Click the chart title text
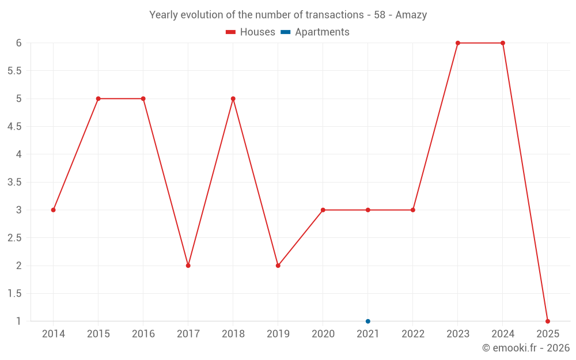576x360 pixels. pos(288,15)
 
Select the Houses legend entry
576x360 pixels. pos(251,32)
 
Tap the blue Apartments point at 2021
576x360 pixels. pos(368,321)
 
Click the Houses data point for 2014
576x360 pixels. pos(54,210)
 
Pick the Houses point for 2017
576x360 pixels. pos(188,266)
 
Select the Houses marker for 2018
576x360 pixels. pos(233,98)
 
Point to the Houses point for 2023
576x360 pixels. pos(458,43)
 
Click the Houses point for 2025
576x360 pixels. pos(548,321)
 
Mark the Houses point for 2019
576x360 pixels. pos(278,266)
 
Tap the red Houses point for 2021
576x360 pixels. pos(368,210)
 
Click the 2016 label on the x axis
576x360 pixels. pos(143,334)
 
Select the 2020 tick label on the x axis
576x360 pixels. pos(323,334)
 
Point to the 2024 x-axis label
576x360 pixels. pos(503,334)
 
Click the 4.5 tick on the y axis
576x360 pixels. pos(15,127)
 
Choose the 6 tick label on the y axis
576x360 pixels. pos(19,43)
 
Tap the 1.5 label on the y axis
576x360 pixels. pos(15,293)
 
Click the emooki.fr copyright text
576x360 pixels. pos(526,348)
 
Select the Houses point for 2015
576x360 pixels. pos(98,98)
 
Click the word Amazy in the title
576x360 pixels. pos(411,15)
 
